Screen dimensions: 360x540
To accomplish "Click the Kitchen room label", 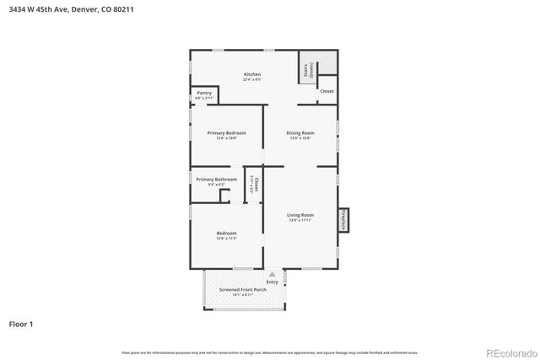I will pos(252,74).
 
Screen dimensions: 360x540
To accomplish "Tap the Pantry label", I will pos(204,93).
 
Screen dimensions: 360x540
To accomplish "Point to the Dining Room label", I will pos(300,132).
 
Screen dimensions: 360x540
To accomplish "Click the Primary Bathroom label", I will pos(216,180).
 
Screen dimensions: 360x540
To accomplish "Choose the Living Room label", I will pos(300,214).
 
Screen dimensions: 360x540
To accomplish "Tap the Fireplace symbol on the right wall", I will pos(343,219).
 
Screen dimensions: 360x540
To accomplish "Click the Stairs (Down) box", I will pos(309,71).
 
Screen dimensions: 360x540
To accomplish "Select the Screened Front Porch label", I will pos(243,289).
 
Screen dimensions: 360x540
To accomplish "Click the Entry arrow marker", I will pos(272,274).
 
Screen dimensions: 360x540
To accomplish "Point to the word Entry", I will pos(272,282).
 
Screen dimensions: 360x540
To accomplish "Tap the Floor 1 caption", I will pos(21,324).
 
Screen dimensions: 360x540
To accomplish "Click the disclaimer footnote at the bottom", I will pos(269,352).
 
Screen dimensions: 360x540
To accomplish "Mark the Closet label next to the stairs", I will pos(327,91).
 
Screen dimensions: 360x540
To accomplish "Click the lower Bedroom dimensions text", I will pos(226,239).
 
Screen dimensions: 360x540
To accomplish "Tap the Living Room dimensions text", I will pos(300,220).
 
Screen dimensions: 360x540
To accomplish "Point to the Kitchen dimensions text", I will pos(252,80).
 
